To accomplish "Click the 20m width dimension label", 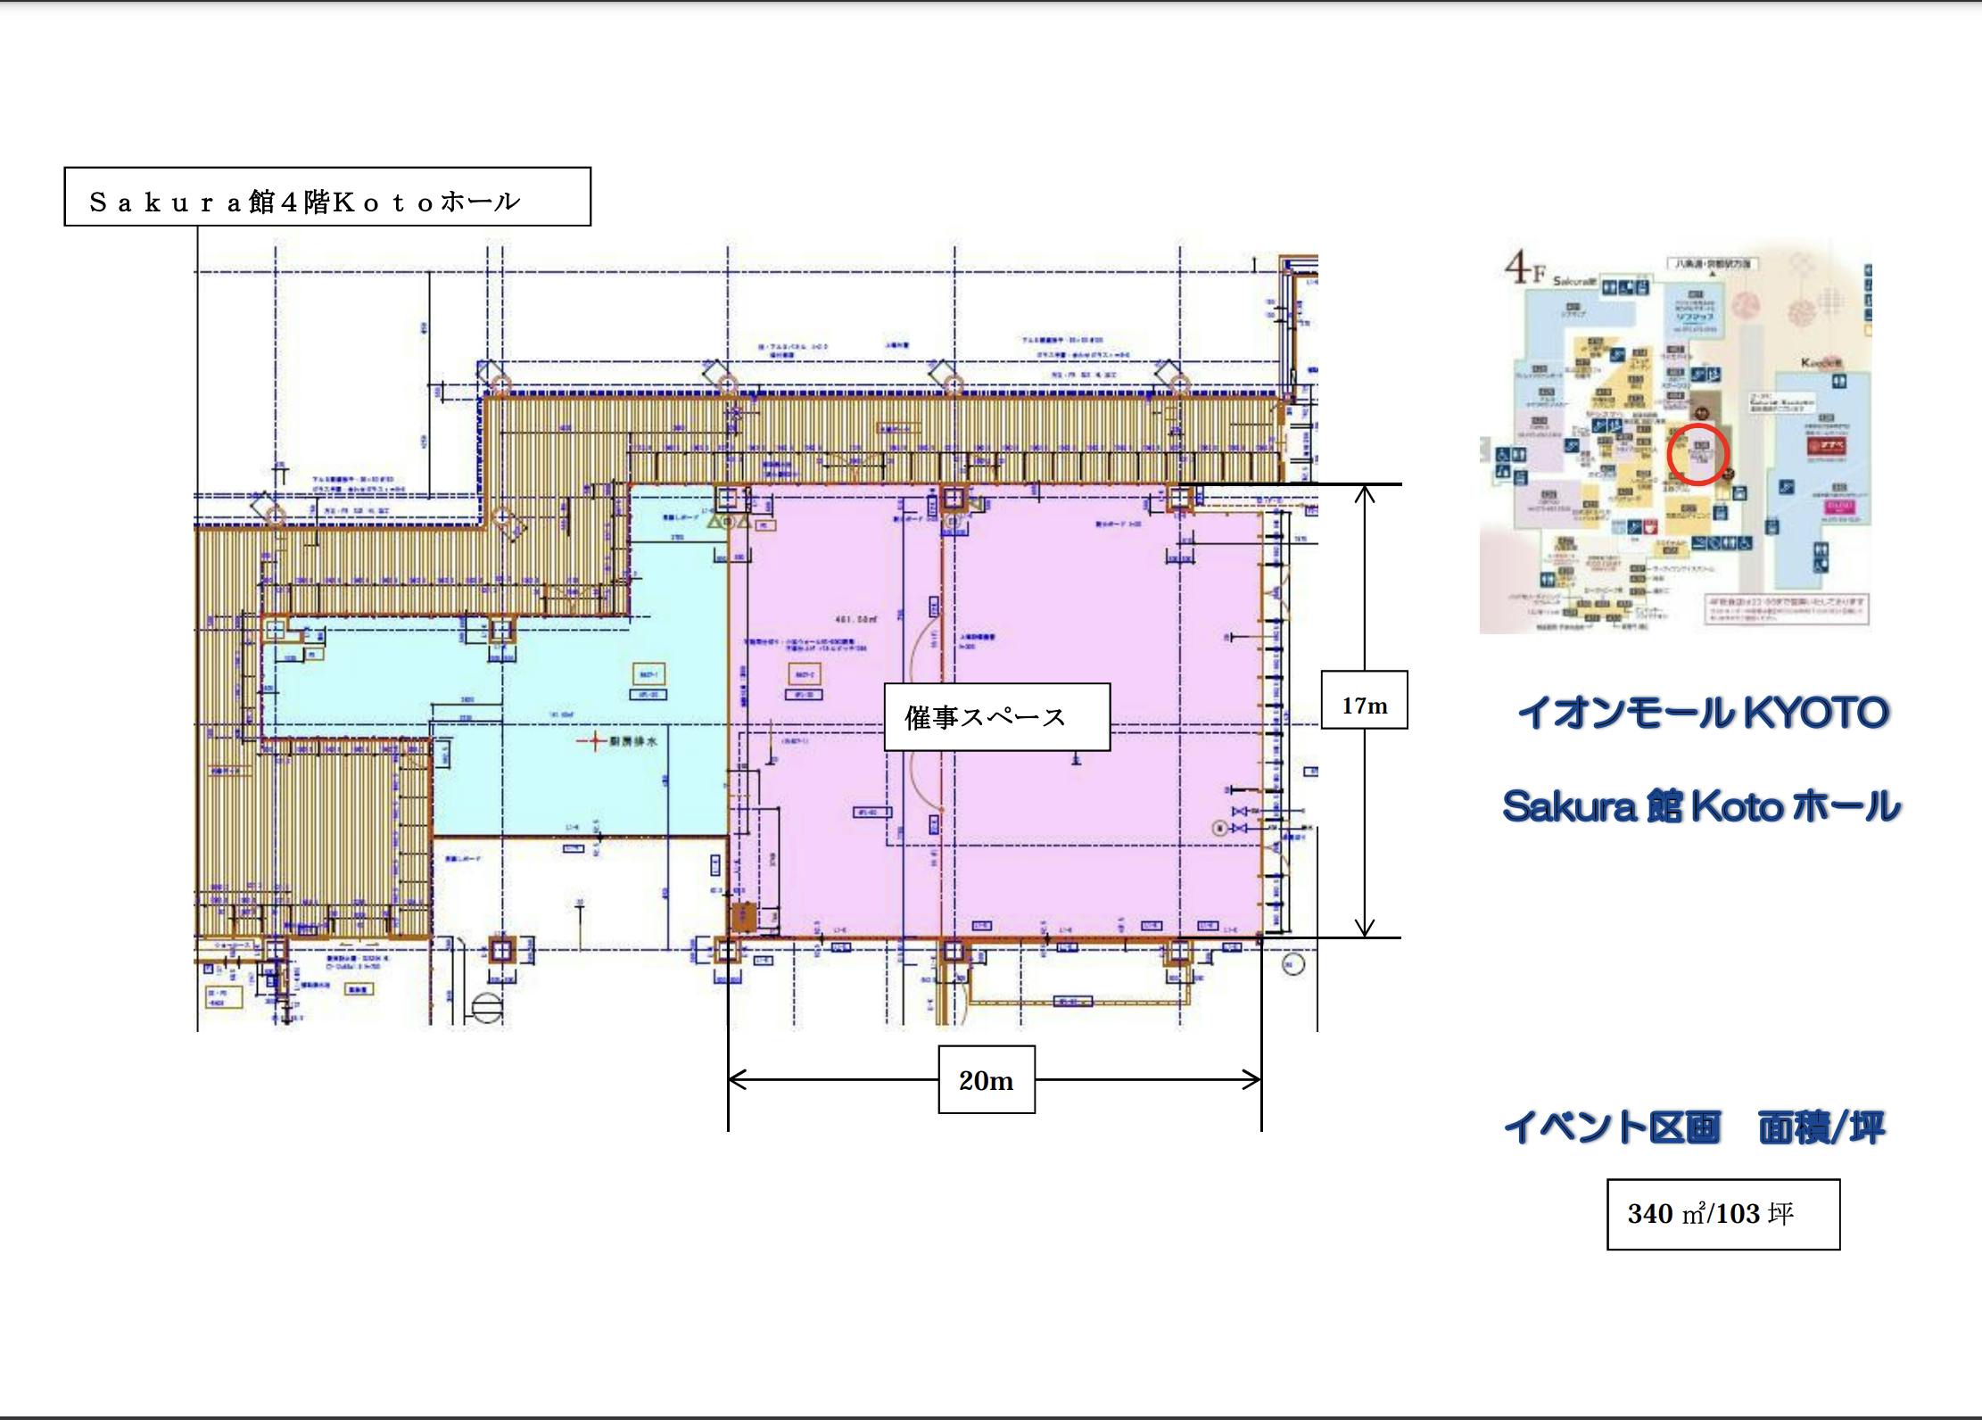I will pyautogui.click(x=986, y=1080).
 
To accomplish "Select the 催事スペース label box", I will pyautogui.click(x=996, y=717).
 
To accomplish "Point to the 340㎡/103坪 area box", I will pyautogui.click(x=1722, y=1214).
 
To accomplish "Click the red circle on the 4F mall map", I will pyautogui.click(x=1697, y=455).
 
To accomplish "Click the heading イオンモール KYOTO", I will pyautogui.click(x=1703, y=714).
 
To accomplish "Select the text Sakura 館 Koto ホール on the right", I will pyautogui.click(x=1700, y=807).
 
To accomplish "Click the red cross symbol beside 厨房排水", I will pyautogui.click(x=592, y=741).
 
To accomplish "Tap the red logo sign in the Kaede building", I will pyautogui.click(x=1826, y=444).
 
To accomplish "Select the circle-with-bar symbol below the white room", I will pyautogui.click(x=488, y=1008).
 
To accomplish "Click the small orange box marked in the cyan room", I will pyautogui.click(x=648, y=674).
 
